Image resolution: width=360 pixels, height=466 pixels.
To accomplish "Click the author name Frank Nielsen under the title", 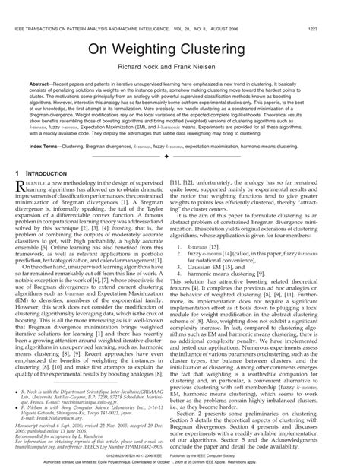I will [x=211, y=66].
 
